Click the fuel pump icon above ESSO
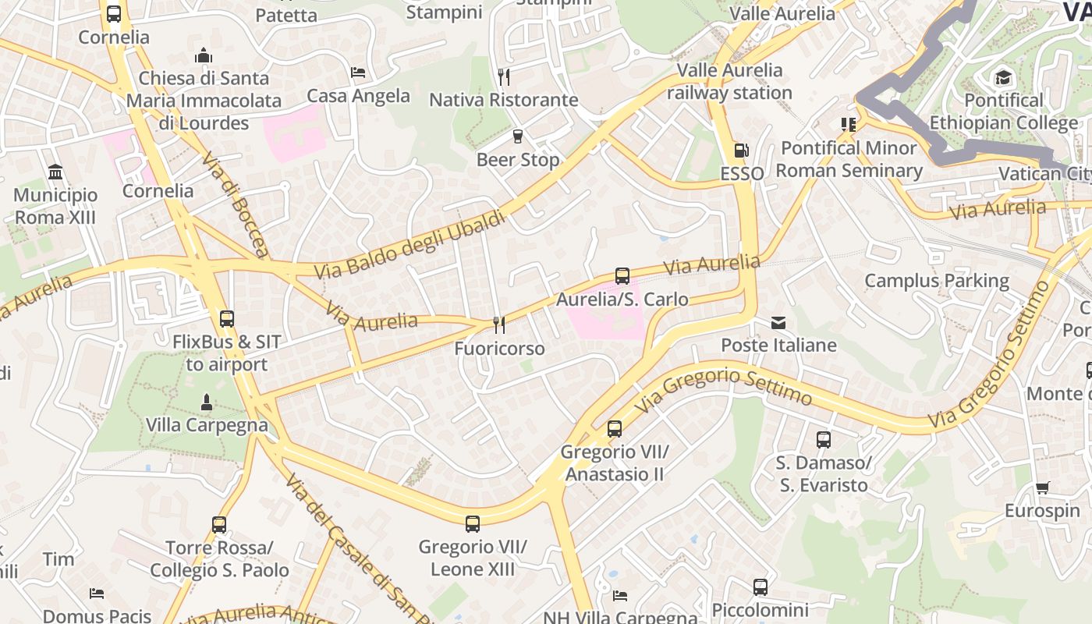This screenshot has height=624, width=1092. [741, 151]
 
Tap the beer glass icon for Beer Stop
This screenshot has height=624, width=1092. [518, 137]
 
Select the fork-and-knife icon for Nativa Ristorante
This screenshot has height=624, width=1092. [504, 76]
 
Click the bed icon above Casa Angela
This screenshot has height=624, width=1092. [358, 73]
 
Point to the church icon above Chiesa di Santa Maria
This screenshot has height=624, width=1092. [204, 55]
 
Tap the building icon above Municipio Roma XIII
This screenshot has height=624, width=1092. [55, 172]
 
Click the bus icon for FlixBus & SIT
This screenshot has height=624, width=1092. [227, 318]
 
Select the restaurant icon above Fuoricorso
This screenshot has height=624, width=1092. [499, 324]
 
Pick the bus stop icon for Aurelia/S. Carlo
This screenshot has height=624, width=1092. [622, 276]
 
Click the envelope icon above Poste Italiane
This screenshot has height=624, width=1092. [778, 322]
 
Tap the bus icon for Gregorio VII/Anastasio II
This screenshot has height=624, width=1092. [615, 428]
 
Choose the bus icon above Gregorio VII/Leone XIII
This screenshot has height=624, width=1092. [473, 523]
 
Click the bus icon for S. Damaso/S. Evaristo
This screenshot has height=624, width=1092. [823, 440]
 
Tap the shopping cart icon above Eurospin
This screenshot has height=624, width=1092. [1042, 488]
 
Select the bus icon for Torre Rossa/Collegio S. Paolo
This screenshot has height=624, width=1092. [219, 525]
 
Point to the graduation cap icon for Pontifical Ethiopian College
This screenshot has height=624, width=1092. [1003, 77]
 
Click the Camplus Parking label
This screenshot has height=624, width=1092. [937, 281]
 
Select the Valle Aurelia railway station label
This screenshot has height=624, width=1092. [729, 81]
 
